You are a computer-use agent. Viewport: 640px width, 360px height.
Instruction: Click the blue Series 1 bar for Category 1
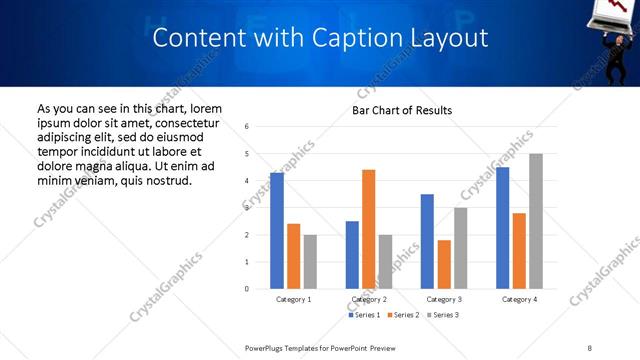[277, 231]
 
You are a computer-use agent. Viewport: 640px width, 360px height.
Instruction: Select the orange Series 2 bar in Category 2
[368, 229]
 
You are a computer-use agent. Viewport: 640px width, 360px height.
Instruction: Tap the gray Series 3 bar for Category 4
[536, 221]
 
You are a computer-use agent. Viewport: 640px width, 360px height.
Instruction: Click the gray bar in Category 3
[460, 248]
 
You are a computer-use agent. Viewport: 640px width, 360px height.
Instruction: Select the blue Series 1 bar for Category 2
[352, 255]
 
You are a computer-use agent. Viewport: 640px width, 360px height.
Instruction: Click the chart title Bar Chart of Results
[402, 110]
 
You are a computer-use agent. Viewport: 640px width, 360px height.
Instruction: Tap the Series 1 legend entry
[364, 315]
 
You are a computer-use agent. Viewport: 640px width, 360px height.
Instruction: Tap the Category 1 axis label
[293, 299]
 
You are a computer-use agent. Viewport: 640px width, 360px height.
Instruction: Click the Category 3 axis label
[443, 299]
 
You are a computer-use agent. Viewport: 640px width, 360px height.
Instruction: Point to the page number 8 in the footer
[590, 347]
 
